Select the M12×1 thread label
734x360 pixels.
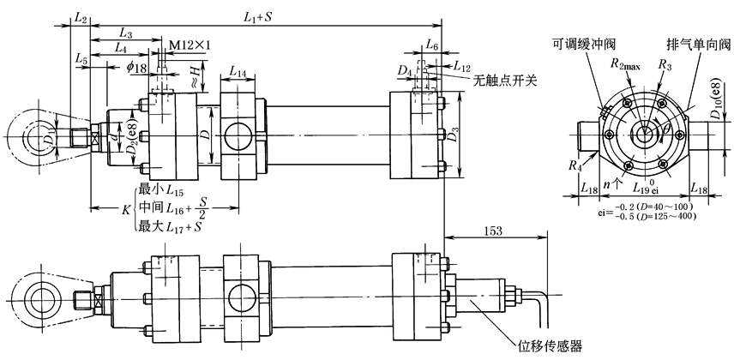(188, 44)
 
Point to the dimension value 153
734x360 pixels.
(494, 231)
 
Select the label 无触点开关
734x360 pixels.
(505, 81)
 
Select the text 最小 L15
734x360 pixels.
(159, 189)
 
